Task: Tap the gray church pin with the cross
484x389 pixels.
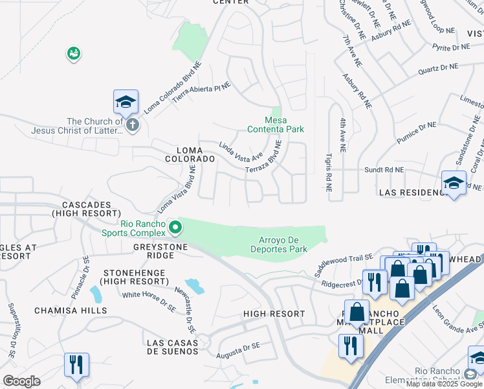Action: click(133, 124)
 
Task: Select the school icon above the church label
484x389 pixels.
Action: click(126, 102)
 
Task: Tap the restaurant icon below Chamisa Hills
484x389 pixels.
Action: click(76, 366)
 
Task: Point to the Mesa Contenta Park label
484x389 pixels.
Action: click(276, 124)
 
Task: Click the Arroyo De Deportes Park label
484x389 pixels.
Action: click(279, 244)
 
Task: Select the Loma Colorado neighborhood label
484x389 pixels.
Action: click(190, 154)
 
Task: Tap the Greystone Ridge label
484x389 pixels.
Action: click(160, 252)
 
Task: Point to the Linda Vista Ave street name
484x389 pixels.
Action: click(240, 153)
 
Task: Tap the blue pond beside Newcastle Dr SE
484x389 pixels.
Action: click(194, 285)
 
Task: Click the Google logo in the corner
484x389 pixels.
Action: click(21, 381)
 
